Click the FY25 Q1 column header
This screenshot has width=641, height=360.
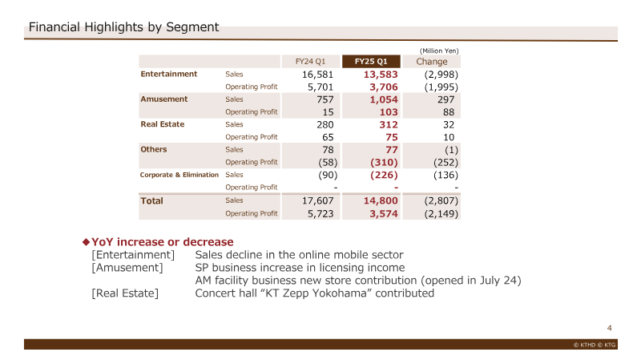coord(371,62)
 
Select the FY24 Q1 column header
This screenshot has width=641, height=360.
coord(310,62)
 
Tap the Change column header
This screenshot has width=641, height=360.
coord(432,62)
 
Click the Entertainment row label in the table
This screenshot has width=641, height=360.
coord(169,74)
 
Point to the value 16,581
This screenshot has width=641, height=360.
coord(317,75)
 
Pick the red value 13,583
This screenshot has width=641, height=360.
coord(381,75)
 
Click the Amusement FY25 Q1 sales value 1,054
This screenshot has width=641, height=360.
coord(384,99)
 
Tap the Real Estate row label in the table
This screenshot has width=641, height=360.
coord(163,124)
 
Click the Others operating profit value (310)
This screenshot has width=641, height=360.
coord(384,163)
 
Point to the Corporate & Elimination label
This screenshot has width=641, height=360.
coord(179,175)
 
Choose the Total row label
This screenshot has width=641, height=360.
coord(151,201)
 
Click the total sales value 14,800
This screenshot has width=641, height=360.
coord(381,200)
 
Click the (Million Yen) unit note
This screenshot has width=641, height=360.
coord(439,51)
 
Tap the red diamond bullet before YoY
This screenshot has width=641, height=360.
coord(86,242)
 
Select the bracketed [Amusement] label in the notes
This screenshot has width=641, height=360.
coord(127,268)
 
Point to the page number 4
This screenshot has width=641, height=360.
coord(609,328)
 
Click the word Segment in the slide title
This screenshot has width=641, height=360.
coord(192,27)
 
